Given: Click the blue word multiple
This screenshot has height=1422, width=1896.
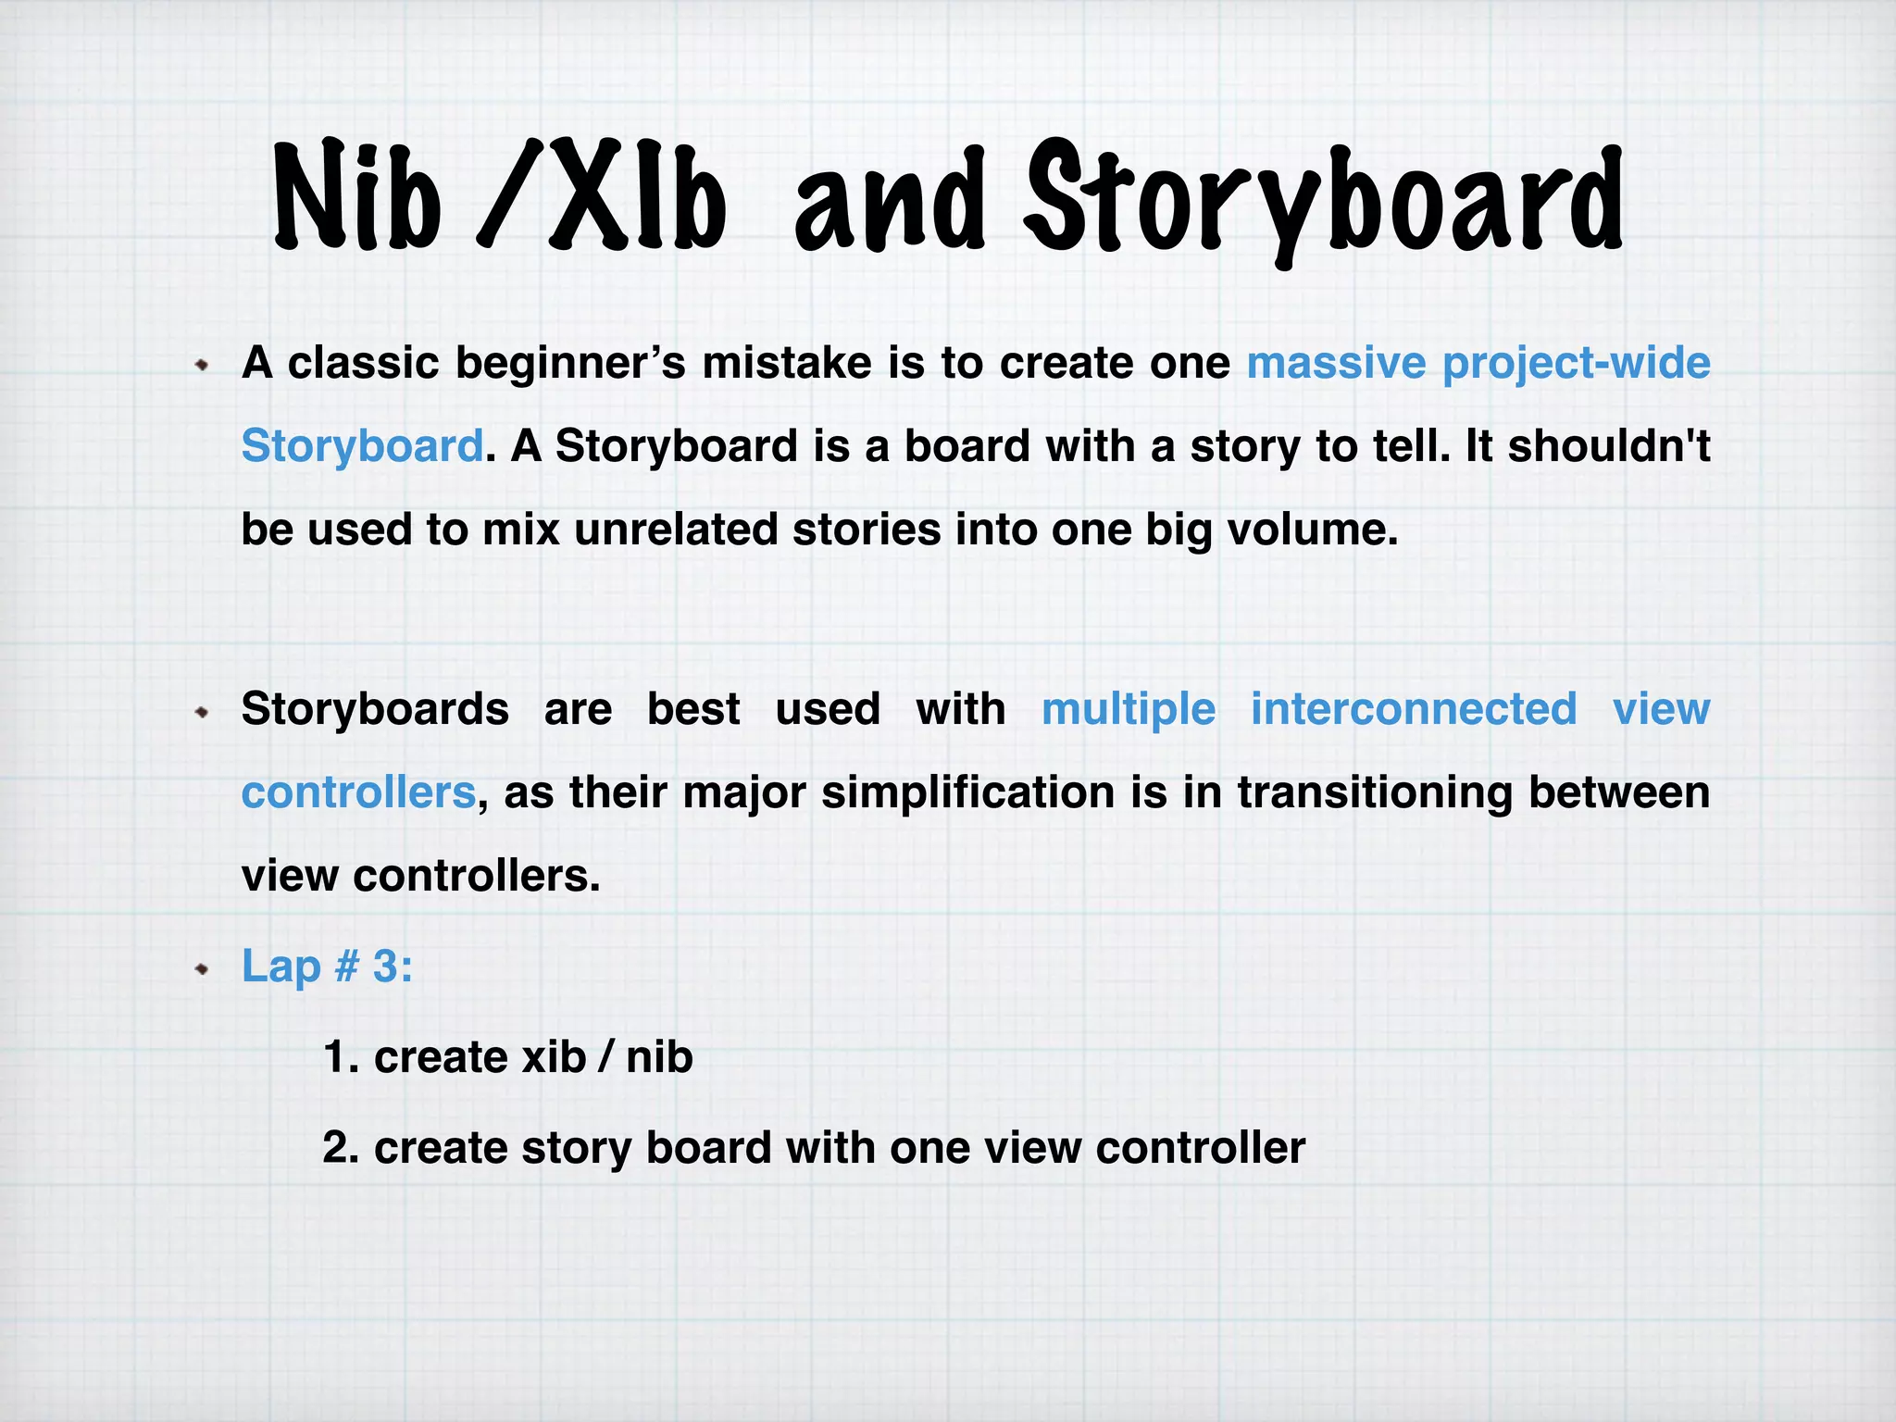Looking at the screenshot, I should click(1129, 710).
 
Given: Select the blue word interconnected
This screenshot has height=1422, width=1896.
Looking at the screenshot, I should click(1414, 709).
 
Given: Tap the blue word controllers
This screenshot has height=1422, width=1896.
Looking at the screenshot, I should click(358, 792).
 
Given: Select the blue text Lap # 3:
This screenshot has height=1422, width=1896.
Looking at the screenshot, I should click(327, 967).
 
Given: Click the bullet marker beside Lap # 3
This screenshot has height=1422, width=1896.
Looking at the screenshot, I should click(202, 969).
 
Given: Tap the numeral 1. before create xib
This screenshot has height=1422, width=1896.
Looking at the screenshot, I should click(341, 1057).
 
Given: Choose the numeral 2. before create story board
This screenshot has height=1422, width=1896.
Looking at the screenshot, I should click(341, 1148).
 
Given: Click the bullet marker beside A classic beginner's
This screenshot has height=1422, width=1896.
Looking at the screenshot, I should click(202, 366).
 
